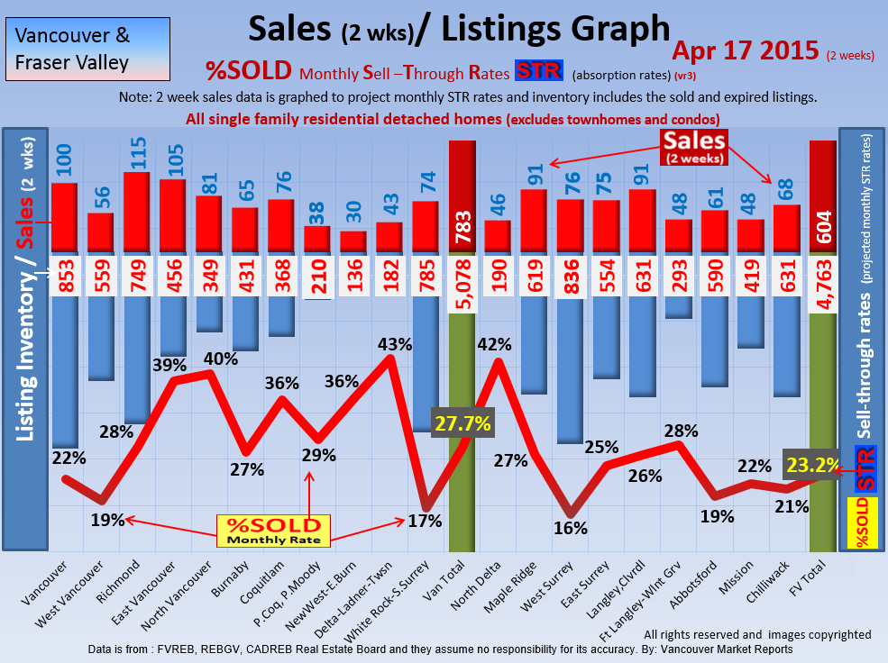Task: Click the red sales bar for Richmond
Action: pos(137,212)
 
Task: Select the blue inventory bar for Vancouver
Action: pos(64,371)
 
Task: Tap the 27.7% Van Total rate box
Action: pos(462,422)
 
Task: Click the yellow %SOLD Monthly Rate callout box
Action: pos(273,530)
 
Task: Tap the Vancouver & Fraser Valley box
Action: pos(73,50)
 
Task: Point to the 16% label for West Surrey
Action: pos(571,528)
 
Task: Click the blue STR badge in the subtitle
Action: pos(539,72)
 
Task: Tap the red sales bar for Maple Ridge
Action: pos(535,221)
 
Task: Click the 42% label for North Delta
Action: pos(494,344)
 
